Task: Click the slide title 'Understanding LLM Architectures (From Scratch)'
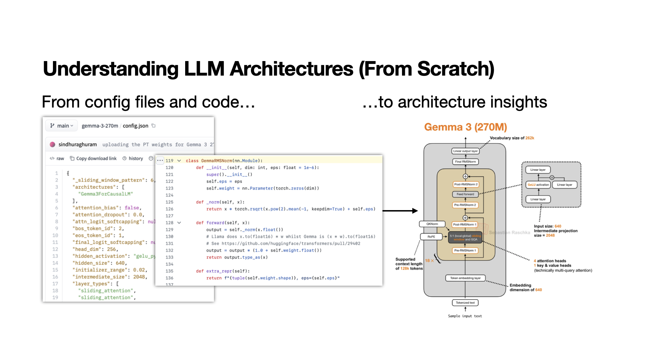tap(268, 68)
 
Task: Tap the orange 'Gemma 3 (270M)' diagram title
tap(465, 127)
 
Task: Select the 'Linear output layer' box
tap(465, 151)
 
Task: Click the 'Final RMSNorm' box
tap(465, 162)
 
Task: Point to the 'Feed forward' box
tap(465, 194)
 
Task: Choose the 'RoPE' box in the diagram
tap(431, 237)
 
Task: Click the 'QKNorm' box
tap(432, 224)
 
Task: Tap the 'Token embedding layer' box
tap(465, 278)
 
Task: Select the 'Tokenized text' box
tap(465, 303)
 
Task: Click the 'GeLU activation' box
tap(538, 185)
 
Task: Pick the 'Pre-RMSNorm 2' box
tap(465, 205)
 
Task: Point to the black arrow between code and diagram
tap(400, 211)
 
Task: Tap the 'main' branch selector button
tap(62, 126)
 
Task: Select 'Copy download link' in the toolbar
tap(93, 159)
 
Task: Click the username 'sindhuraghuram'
tap(77, 144)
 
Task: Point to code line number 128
tap(170, 223)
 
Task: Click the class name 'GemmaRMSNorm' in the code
tap(216, 161)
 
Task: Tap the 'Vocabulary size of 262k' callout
tap(512, 138)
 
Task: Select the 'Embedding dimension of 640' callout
tap(526, 287)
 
